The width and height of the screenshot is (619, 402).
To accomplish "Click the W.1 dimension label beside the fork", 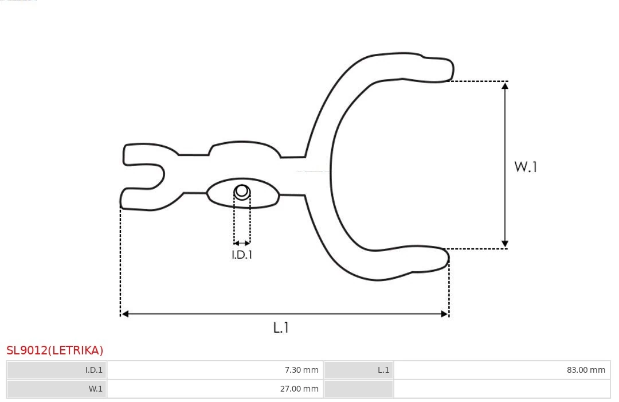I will point(525,167).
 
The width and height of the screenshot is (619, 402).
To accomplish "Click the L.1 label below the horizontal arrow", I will point(281,327).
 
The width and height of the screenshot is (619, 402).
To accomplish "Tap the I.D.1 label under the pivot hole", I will point(242,255).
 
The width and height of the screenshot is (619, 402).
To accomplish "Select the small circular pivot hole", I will point(242,191).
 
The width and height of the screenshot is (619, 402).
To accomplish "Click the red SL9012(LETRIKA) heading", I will point(55,350).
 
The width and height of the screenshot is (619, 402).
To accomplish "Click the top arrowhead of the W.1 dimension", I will point(505,85).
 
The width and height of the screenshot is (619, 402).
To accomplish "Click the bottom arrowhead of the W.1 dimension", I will point(505,244).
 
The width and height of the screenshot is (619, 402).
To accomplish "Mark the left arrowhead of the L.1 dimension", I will point(125,314).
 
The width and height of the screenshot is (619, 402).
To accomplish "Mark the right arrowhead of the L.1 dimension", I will point(444,314).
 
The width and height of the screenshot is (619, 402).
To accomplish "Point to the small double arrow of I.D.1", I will point(242,244).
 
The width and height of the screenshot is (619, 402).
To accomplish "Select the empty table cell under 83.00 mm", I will point(502,389).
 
